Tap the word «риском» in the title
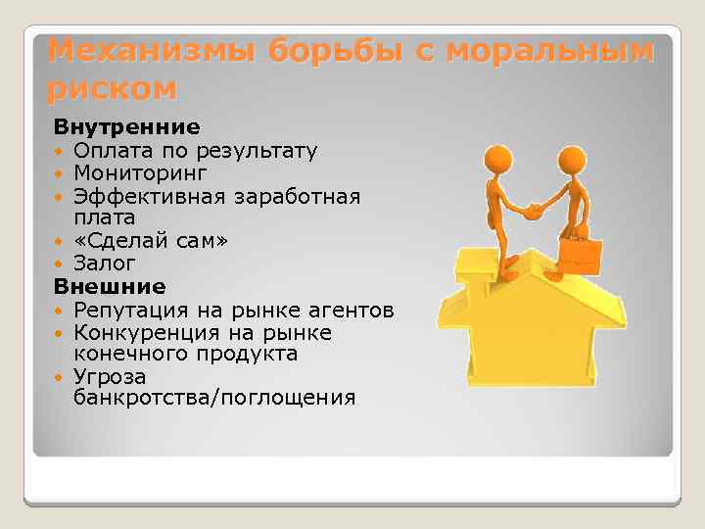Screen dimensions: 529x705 (x=113, y=88)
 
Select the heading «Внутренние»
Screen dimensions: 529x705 (x=126, y=127)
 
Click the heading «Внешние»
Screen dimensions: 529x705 (x=110, y=287)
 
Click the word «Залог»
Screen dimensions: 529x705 (x=104, y=264)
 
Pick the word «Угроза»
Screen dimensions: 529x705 (x=109, y=377)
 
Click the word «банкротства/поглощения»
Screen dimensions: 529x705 (x=214, y=398)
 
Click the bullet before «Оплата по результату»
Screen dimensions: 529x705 (x=61, y=152)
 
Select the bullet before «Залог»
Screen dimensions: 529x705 (x=61, y=264)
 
